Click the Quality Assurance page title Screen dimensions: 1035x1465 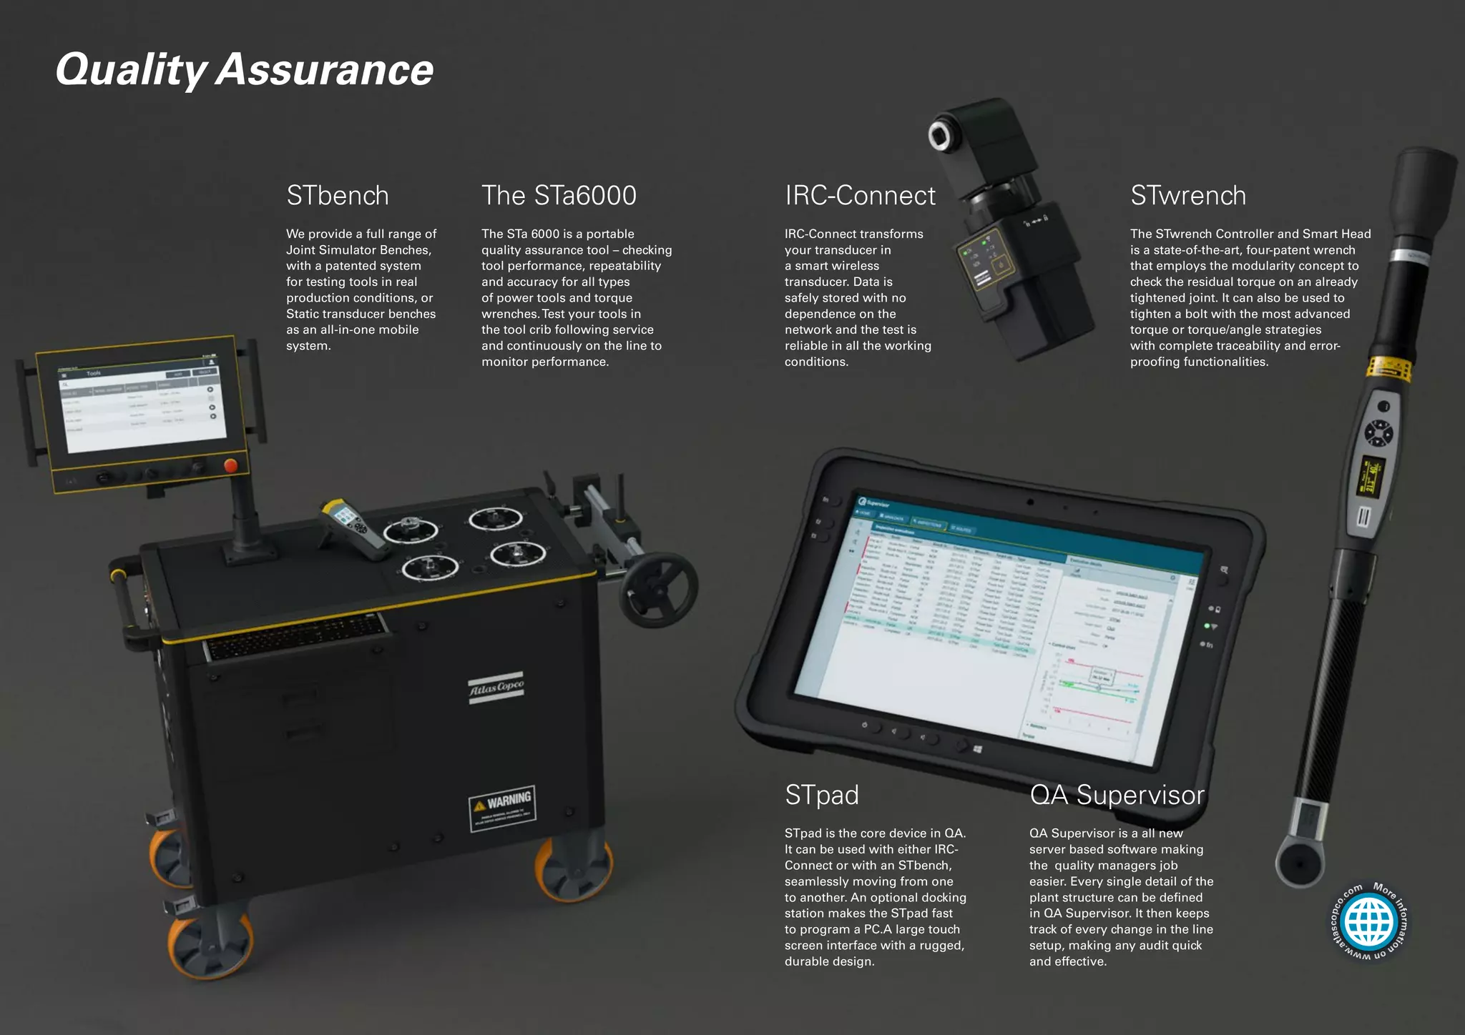pos(245,70)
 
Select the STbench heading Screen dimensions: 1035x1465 pos(338,196)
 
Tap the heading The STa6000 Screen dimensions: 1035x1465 pos(559,196)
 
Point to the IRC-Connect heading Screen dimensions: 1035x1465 pos(860,196)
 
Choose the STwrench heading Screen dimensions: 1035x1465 pos(1188,196)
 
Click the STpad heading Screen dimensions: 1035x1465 pos(821,795)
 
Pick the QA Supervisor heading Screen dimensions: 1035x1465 pos(1117,795)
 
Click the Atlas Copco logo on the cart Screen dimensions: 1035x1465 pos(496,688)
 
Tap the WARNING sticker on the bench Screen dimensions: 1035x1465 pos(502,808)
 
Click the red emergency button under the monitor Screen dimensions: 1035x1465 pos(230,466)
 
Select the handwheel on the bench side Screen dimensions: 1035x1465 pos(658,589)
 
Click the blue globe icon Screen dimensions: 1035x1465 pos(1369,922)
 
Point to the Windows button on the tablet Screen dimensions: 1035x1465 pos(978,749)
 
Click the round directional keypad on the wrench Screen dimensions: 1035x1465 pos(1378,433)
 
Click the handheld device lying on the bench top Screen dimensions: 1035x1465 pos(353,528)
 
